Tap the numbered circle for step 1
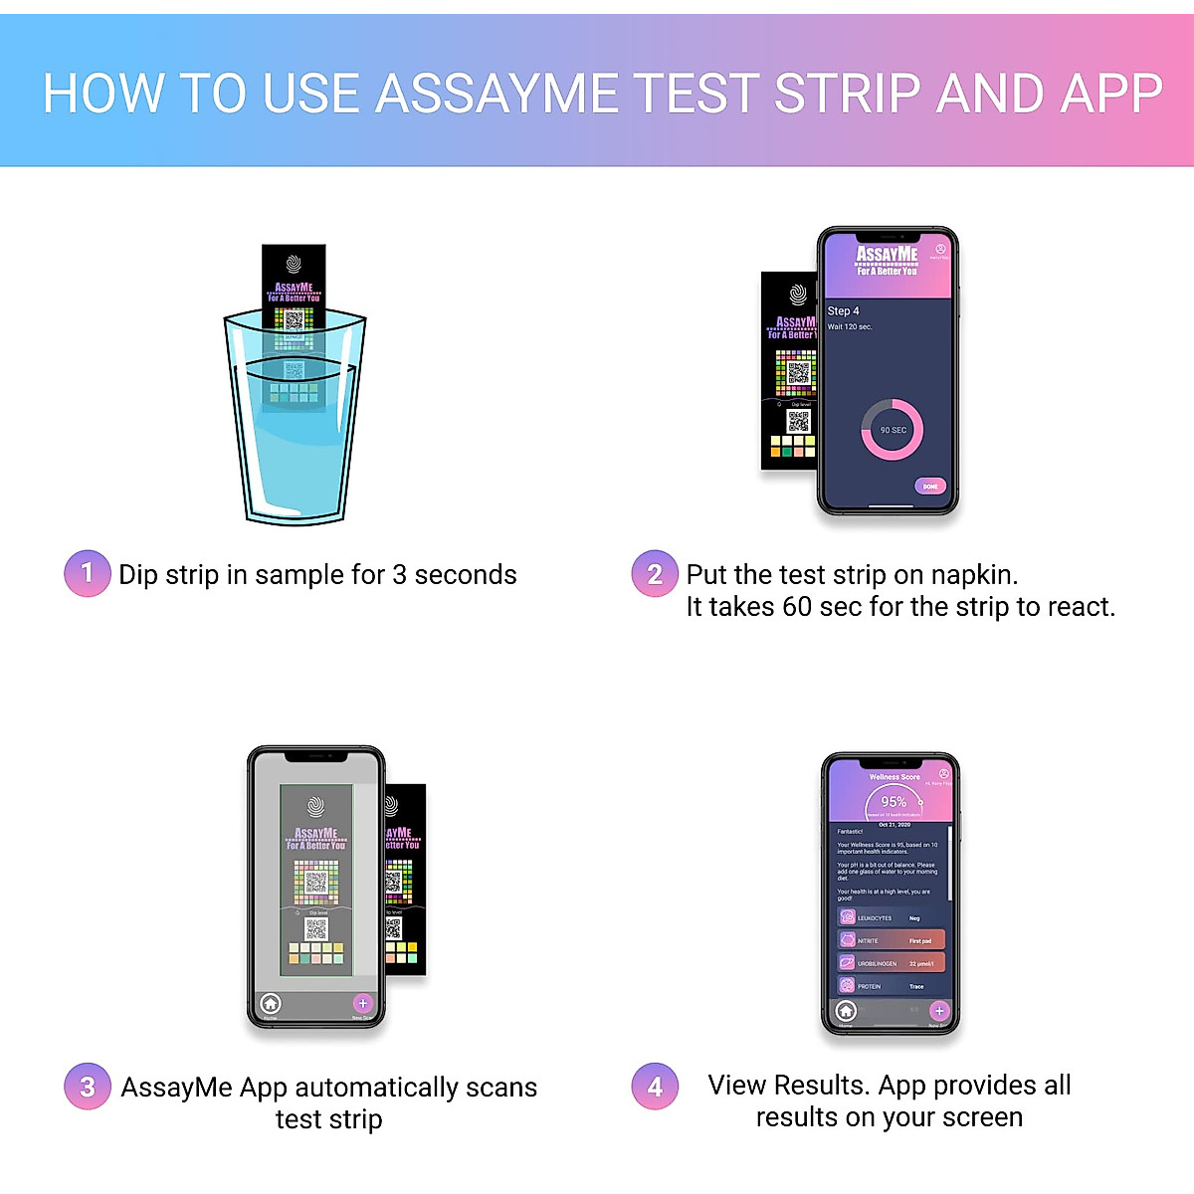coord(88,574)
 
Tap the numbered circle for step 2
coord(655,574)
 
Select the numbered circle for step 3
coord(88,1087)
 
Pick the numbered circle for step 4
coord(655,1087)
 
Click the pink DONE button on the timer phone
coord(929,487)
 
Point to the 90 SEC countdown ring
coord(892,430)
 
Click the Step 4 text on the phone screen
coord(843,310)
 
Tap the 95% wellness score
coord(893,802)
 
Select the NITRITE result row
coord(891,940)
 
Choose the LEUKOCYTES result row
coord(891,917)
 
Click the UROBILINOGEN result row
coord(891,963)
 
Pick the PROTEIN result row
coord(891,986)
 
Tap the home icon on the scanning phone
coord(271,1004)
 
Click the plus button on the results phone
coord(938,1011)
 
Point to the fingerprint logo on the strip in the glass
coord(294,264)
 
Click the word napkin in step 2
coord(972,575)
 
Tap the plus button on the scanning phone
coord(362,1004)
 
